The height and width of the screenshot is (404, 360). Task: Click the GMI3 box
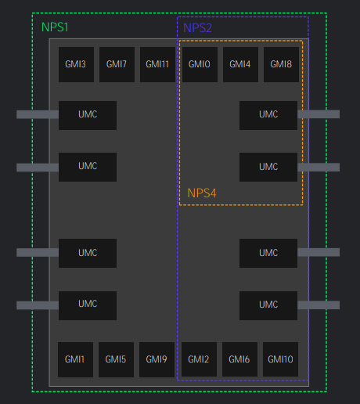pyautogui.click(x=76, y=64)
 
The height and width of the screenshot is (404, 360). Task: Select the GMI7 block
pyautogui.click(x=117, y=64)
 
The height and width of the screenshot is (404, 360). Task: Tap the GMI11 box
pyautogui.click(x=157, y=64)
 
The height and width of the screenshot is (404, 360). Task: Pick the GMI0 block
pyautogui.click(x=200, y=64)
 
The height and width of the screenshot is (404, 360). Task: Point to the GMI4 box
pyautogui.click(x=240, y=64)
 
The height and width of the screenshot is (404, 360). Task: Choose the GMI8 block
pyautogui.click(x=281, y=64)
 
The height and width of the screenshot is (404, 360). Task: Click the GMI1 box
pyautogui.click(x=75, y=359)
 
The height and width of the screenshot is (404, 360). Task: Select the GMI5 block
pyautogui.click(x=116, y=359)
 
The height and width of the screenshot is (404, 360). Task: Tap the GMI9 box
pyautogui.click(x=157, y=359)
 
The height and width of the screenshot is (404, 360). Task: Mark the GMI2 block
pyautogui.click(x=199, y=359)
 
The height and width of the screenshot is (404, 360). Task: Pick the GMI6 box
pyautogui.click(x=239, y=359)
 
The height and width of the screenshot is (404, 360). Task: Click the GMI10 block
pyautogui.click(x=280, y=359)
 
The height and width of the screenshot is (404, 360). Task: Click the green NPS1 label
pyautogui.click(x=55, y=27)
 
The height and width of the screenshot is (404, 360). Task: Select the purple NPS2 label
pyautogui.click(x=197, y=28)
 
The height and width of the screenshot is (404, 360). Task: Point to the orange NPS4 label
pyautogui.click(x=202, y=193)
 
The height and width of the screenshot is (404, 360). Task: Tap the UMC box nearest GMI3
pyautogui.click(x=88, y=115)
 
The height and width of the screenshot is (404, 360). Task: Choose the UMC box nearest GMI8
pyautogui.click(x=268, y=115)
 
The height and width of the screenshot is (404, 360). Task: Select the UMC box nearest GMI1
pyautogui.click(x=88, y=305)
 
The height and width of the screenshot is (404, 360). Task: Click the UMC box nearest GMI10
pyautogui.click(x=268, y=305)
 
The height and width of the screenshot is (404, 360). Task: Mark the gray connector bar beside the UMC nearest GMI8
pyautogui.click(x=319, y=114)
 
